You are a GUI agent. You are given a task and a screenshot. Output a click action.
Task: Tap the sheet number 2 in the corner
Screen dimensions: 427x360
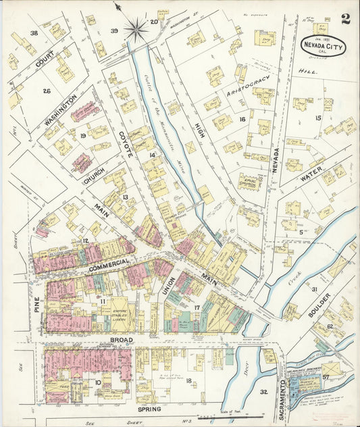pyautogui.click(x=345, y=19)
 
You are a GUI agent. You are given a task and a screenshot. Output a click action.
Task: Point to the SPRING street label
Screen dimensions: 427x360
pyautogui.click(x=149, y=409)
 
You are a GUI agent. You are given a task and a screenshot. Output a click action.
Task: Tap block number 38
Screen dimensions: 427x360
pyautogui.click(x=33, y=32)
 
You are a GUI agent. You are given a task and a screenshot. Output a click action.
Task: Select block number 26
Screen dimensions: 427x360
pyautogui.click(x=47, y=91)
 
